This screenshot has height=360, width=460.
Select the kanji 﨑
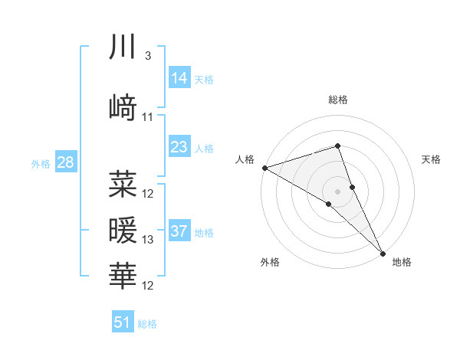tap(123, 107)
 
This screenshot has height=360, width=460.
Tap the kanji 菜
tap(123, 183)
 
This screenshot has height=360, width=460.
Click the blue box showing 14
tap(179, 78)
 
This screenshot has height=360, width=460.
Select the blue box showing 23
tap(179, 146)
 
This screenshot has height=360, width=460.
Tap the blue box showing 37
tap(179, 231)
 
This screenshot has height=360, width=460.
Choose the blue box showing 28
tap(65, 162)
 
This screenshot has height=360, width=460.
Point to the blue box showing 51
tap(123, 322)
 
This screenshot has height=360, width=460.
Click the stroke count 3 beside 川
tap(148, 56)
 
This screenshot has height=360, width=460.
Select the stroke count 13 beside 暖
tap(148, 240)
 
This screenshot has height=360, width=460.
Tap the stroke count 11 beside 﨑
tap(148, 117)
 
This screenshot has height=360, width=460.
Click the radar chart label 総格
tap(337, 100)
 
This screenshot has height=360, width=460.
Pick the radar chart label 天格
tap(432, 159)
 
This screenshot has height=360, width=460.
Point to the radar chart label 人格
tap(245, 159)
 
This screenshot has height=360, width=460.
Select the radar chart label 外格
tap(270, 263)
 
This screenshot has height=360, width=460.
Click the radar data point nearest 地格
tap(383, 252)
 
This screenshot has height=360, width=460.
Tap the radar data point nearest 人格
tap(264, 167)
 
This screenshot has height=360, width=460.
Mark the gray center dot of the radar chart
tap(337, 190)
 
